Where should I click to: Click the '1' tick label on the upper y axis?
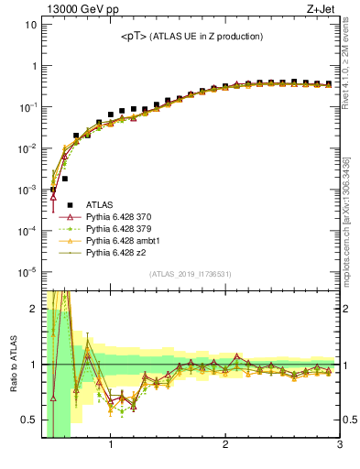coord(33,66)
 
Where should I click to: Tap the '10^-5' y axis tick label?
coord(27,271)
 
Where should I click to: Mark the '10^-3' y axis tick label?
coord(27,189)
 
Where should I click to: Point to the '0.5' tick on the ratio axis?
coord(27,420)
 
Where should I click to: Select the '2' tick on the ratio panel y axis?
coord(33,309)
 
